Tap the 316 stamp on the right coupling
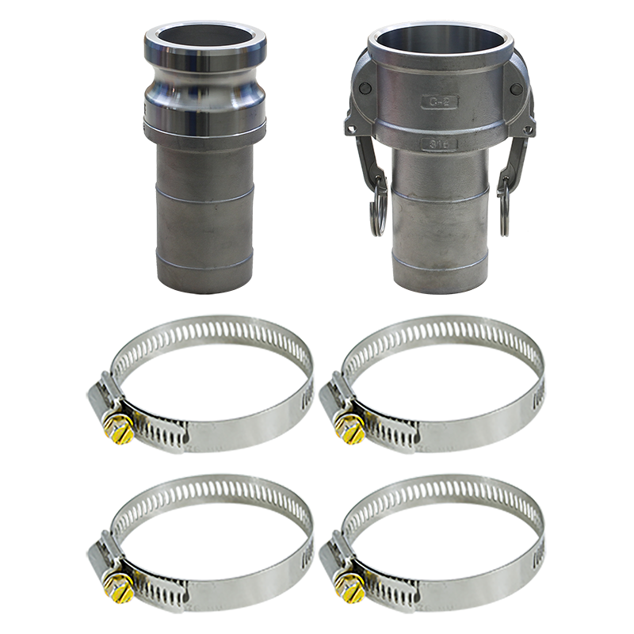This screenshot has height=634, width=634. pyautogui.click(x=438, y=143)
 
